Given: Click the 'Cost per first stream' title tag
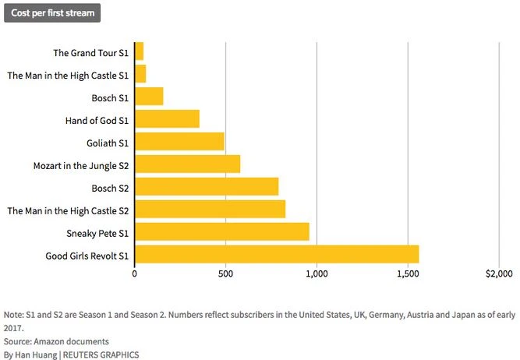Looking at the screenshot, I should coord(51,13).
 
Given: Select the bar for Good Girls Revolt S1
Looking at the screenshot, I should coord(277,255).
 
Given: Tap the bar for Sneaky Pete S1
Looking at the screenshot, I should coord(222,232).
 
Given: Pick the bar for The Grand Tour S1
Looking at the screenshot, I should coord(140,52).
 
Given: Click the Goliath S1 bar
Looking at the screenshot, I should coord(180,142).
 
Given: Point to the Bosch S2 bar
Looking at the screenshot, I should coord(207,187).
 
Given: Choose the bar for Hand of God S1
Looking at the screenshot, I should coord(168,119).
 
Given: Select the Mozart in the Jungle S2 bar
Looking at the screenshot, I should coord(188,164).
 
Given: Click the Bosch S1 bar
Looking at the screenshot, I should coord(150,97).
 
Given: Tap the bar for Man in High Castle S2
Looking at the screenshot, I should coord(210,210).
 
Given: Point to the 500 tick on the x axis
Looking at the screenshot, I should coord(225,274).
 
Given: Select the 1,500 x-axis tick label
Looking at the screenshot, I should coord(408,274).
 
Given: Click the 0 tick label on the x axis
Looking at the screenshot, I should coord(135,274).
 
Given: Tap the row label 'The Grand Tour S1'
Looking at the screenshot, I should coord(90,53).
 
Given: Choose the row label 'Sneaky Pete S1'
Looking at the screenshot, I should coord(97,233).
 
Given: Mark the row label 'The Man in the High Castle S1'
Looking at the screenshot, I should coord(68,76).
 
